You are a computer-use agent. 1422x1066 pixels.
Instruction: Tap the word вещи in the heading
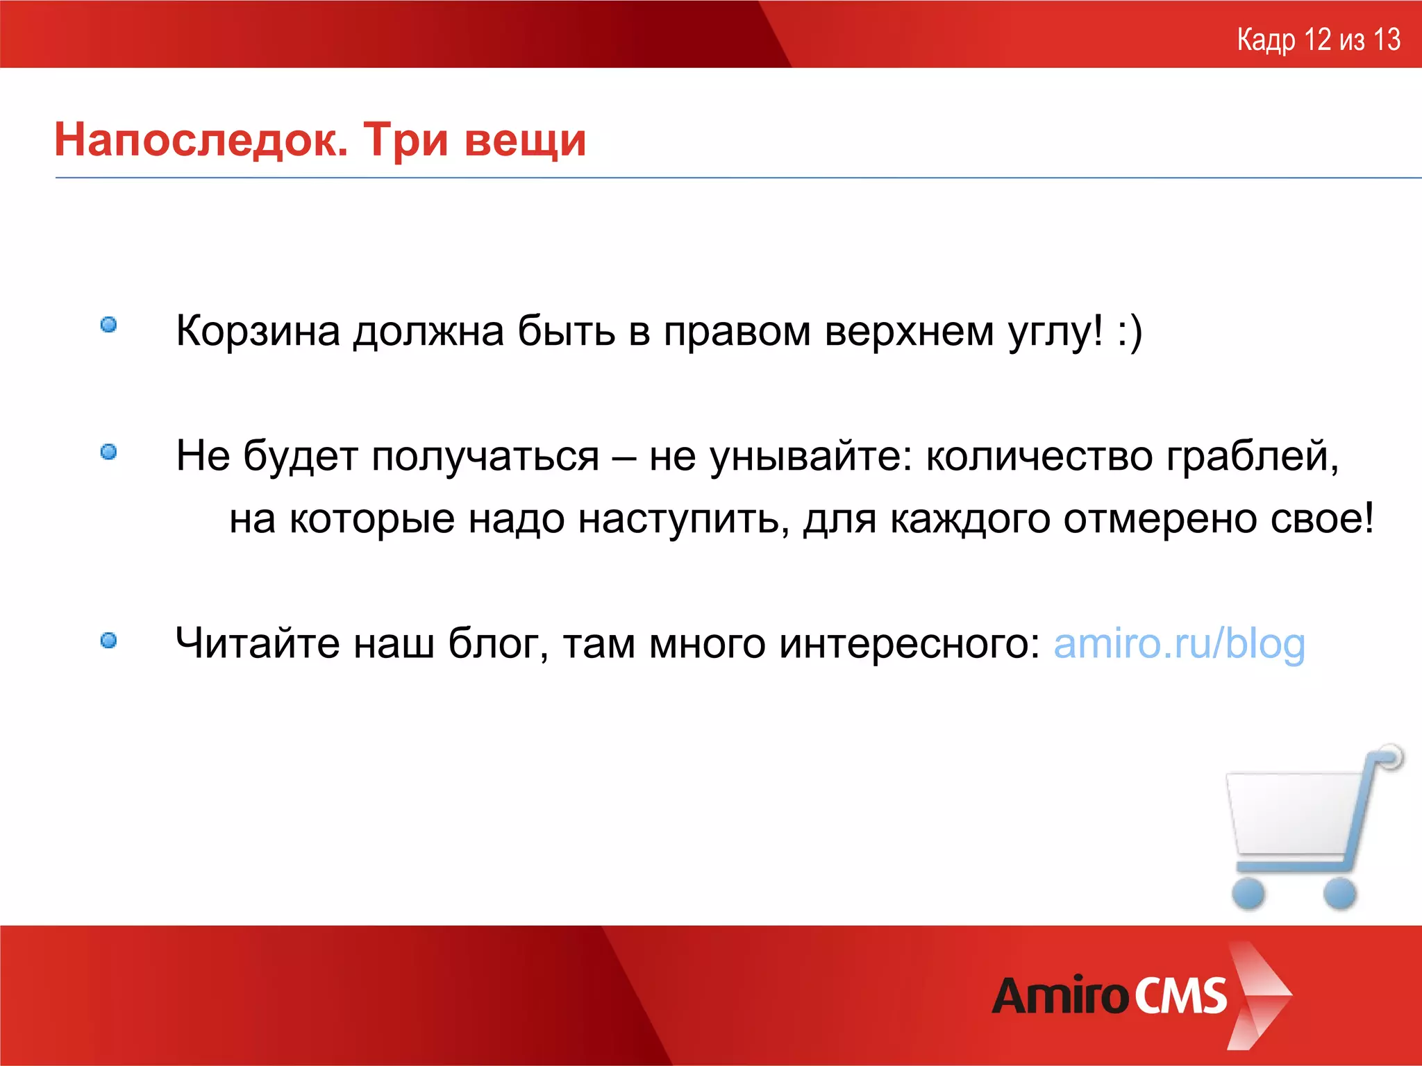coord(526,141)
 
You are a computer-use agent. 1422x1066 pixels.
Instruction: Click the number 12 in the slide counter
coord(1317,40)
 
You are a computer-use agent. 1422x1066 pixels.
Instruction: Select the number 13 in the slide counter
coord(1387,40)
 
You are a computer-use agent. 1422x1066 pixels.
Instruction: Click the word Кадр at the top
coord(1266,41)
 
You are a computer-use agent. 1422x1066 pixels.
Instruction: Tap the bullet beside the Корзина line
coord(108,325)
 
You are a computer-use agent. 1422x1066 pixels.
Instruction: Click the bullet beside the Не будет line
coord(108,452)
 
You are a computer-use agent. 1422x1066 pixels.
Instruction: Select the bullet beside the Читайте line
coord(108,640)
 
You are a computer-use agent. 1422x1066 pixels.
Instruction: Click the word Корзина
coord(258,330)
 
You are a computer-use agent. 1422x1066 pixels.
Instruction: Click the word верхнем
coord(910,332)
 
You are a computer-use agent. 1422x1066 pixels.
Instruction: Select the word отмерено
coord(1160,519)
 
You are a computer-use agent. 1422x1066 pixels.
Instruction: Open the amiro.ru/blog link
coord(1179,644)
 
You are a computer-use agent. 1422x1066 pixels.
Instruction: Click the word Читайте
coord(258,643)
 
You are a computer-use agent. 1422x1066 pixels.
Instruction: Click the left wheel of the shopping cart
coord(1248,892)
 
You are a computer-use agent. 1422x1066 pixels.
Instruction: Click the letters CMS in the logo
coord(1180,996)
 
